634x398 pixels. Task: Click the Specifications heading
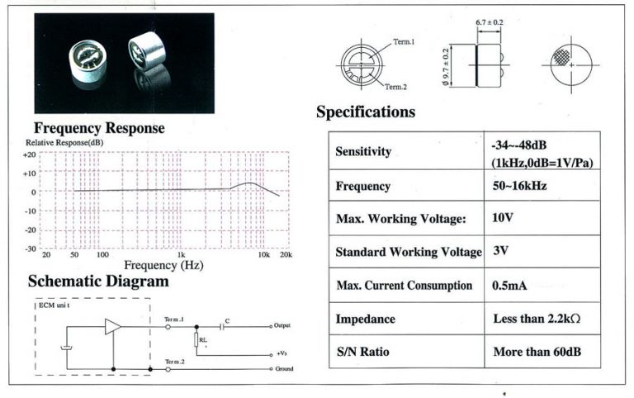pos(365,111)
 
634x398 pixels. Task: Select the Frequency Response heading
pos(99,128)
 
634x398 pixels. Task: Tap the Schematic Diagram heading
pos(98,281)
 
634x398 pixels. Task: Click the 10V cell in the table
pos(503,218)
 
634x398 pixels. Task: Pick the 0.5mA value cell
pos(509,286)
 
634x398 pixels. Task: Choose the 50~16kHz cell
pos(519,186)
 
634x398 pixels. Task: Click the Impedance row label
pos(365,319)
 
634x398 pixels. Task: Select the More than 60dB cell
pos(537,352)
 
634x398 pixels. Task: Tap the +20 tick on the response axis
pos(29,154)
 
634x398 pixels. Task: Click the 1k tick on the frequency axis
pos(181,255)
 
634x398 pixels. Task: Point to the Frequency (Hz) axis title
pos(163,266)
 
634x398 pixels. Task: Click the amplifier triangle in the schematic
pos(112,326)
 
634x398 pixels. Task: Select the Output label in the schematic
pos(282,326)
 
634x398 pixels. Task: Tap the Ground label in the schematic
pos(283,368)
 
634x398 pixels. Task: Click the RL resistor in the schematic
pos(196,339)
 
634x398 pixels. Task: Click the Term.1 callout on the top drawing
pos(403,41)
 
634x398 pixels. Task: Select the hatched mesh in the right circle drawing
pos(561,58)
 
